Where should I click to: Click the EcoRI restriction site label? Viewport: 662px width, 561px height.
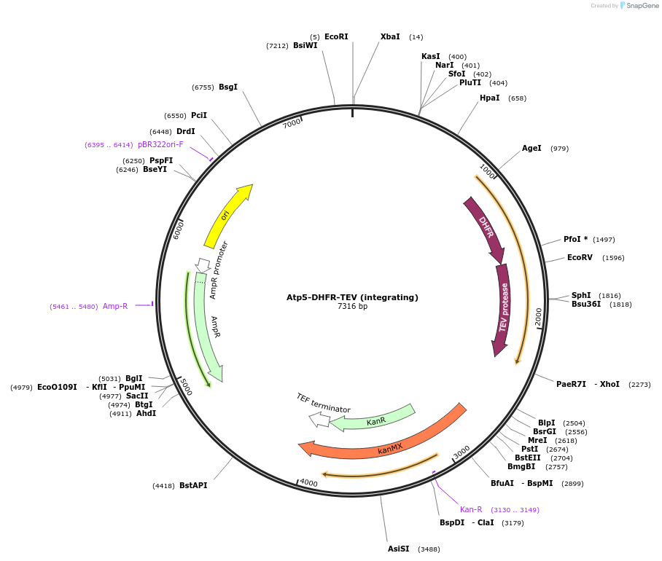336,36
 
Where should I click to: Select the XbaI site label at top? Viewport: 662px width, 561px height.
390,36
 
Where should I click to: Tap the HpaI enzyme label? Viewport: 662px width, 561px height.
489,98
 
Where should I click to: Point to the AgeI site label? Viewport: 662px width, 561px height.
531,148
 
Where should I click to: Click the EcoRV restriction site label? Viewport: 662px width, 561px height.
580,257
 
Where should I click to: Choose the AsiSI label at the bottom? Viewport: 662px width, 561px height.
398,549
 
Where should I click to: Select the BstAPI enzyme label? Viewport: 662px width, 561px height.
193,485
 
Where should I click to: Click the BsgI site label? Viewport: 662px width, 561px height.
228,87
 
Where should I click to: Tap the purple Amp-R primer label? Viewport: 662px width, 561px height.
115,306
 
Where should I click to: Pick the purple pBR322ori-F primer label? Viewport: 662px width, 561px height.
160,144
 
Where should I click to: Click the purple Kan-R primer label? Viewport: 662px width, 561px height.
471,509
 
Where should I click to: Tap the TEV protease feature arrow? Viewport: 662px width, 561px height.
502,310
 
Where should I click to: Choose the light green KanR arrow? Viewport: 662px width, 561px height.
375,419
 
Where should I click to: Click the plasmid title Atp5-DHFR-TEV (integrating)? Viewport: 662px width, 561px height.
352,297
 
